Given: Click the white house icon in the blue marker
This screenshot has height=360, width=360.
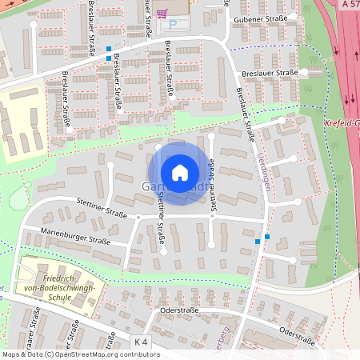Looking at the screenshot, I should [179, 172].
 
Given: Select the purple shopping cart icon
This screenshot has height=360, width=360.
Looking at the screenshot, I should [162, 14].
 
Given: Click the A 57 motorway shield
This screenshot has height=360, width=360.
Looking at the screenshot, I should [350, 5].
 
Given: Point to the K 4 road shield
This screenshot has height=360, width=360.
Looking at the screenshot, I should [142, 342].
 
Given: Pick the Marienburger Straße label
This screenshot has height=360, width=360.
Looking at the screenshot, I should [77, 238].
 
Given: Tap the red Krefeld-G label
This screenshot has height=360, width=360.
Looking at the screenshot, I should [342, 124].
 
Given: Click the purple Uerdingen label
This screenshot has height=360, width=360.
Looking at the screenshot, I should [264, 166].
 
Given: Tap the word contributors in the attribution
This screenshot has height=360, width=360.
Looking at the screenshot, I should [139, 354].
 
